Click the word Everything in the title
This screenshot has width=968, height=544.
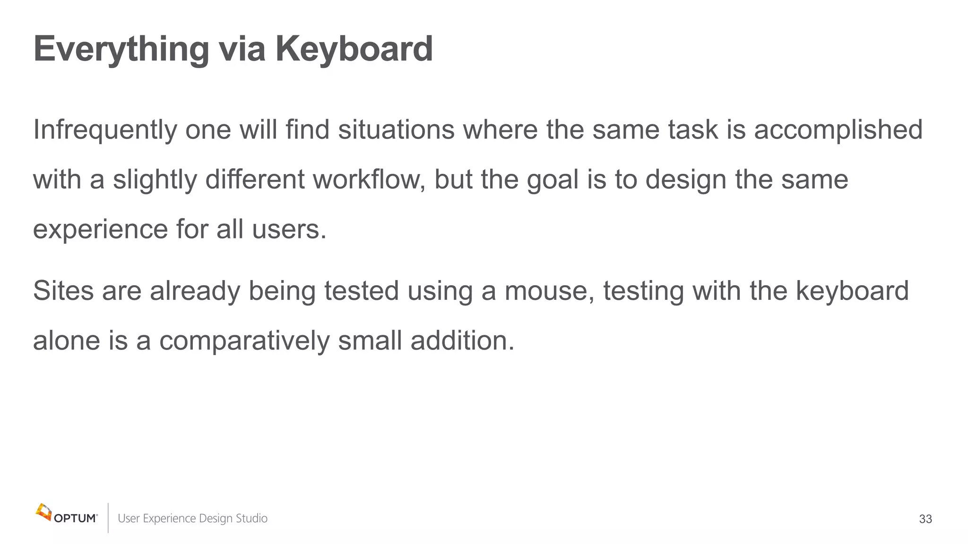click(121, 50)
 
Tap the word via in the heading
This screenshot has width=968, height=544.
click(242, 49)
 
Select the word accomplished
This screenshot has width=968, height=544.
click(838, 130)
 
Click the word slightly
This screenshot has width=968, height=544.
click(155, 180)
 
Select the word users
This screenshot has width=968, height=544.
click(289, 229)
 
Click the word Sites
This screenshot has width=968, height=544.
click(63, 291)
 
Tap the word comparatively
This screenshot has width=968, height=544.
click(244, 341)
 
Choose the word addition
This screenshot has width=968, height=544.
click(462, 340)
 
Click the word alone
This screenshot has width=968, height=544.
click(67, 340)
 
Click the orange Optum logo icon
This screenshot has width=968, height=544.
click(43, 512)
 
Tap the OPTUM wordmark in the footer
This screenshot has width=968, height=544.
click(76, 518)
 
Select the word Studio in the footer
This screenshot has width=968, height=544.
click(251, 518)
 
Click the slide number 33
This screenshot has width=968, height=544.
click(925, 519)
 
